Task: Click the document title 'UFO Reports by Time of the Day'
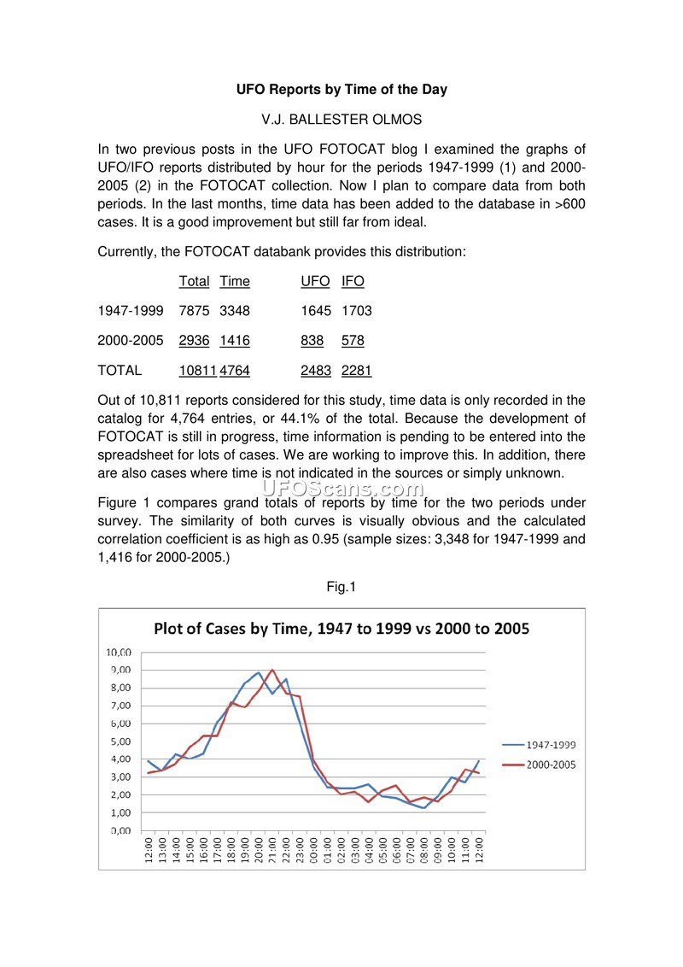pos(341,89)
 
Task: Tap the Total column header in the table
pos(195,281)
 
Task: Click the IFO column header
pos(353,281)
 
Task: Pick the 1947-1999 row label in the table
pos(133,311)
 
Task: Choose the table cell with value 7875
pos(195,311)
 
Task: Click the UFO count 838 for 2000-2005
pos(312,341)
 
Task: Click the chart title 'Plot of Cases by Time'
pos(341,630)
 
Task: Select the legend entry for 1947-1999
pos(551,745)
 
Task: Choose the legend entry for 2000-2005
pos(551,765)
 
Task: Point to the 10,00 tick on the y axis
pos(119,652)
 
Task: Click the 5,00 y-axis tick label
pos(119,741)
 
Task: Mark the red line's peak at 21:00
pos(272,670)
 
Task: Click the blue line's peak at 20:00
pos(259,672)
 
